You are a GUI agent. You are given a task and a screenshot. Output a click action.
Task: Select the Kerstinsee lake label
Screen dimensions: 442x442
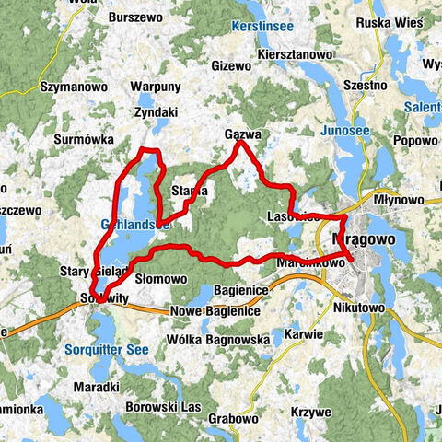(263, 27)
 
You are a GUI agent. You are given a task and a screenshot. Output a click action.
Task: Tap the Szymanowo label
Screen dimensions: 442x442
(69, 86)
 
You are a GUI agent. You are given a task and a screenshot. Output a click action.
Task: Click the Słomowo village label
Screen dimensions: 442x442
(161, 277)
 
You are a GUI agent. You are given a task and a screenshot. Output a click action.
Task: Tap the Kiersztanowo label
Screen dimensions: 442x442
(297, 54)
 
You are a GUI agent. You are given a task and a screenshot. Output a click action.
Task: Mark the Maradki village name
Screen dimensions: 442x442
(99, 387)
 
